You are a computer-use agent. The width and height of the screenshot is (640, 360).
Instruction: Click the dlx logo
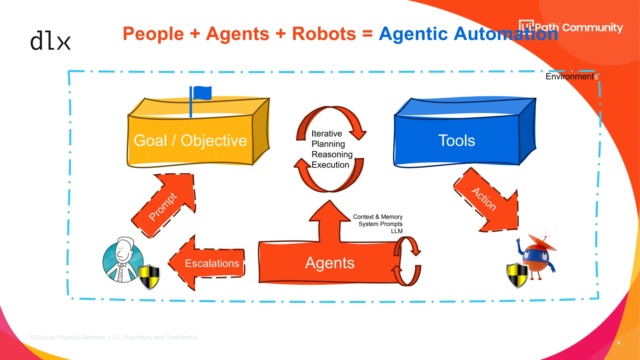(50, 41)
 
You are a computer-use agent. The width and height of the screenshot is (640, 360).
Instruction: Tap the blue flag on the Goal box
(202, 93)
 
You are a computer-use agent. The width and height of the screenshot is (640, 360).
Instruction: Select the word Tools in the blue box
(457, 141)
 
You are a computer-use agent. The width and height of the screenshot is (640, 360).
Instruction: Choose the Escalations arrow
(209, 263)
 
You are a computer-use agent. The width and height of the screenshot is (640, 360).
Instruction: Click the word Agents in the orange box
(330, 263)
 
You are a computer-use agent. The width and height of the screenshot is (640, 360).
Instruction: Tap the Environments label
(572, 77)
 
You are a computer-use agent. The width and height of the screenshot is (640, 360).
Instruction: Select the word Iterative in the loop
(327, 134)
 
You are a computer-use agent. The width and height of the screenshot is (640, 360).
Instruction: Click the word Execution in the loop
(330, 165)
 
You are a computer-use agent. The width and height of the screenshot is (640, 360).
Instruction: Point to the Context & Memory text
(377, 217)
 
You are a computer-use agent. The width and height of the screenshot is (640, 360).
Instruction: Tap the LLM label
(397, 231)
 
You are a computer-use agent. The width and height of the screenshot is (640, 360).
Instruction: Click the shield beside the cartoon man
(149, 276)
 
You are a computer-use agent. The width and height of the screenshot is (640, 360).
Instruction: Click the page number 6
(618, 343)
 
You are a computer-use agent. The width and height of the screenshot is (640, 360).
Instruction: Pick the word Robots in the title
(324, 34)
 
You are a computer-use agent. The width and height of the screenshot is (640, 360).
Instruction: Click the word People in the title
(153, 34)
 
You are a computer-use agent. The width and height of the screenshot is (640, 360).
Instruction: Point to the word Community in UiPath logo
(592, 27)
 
